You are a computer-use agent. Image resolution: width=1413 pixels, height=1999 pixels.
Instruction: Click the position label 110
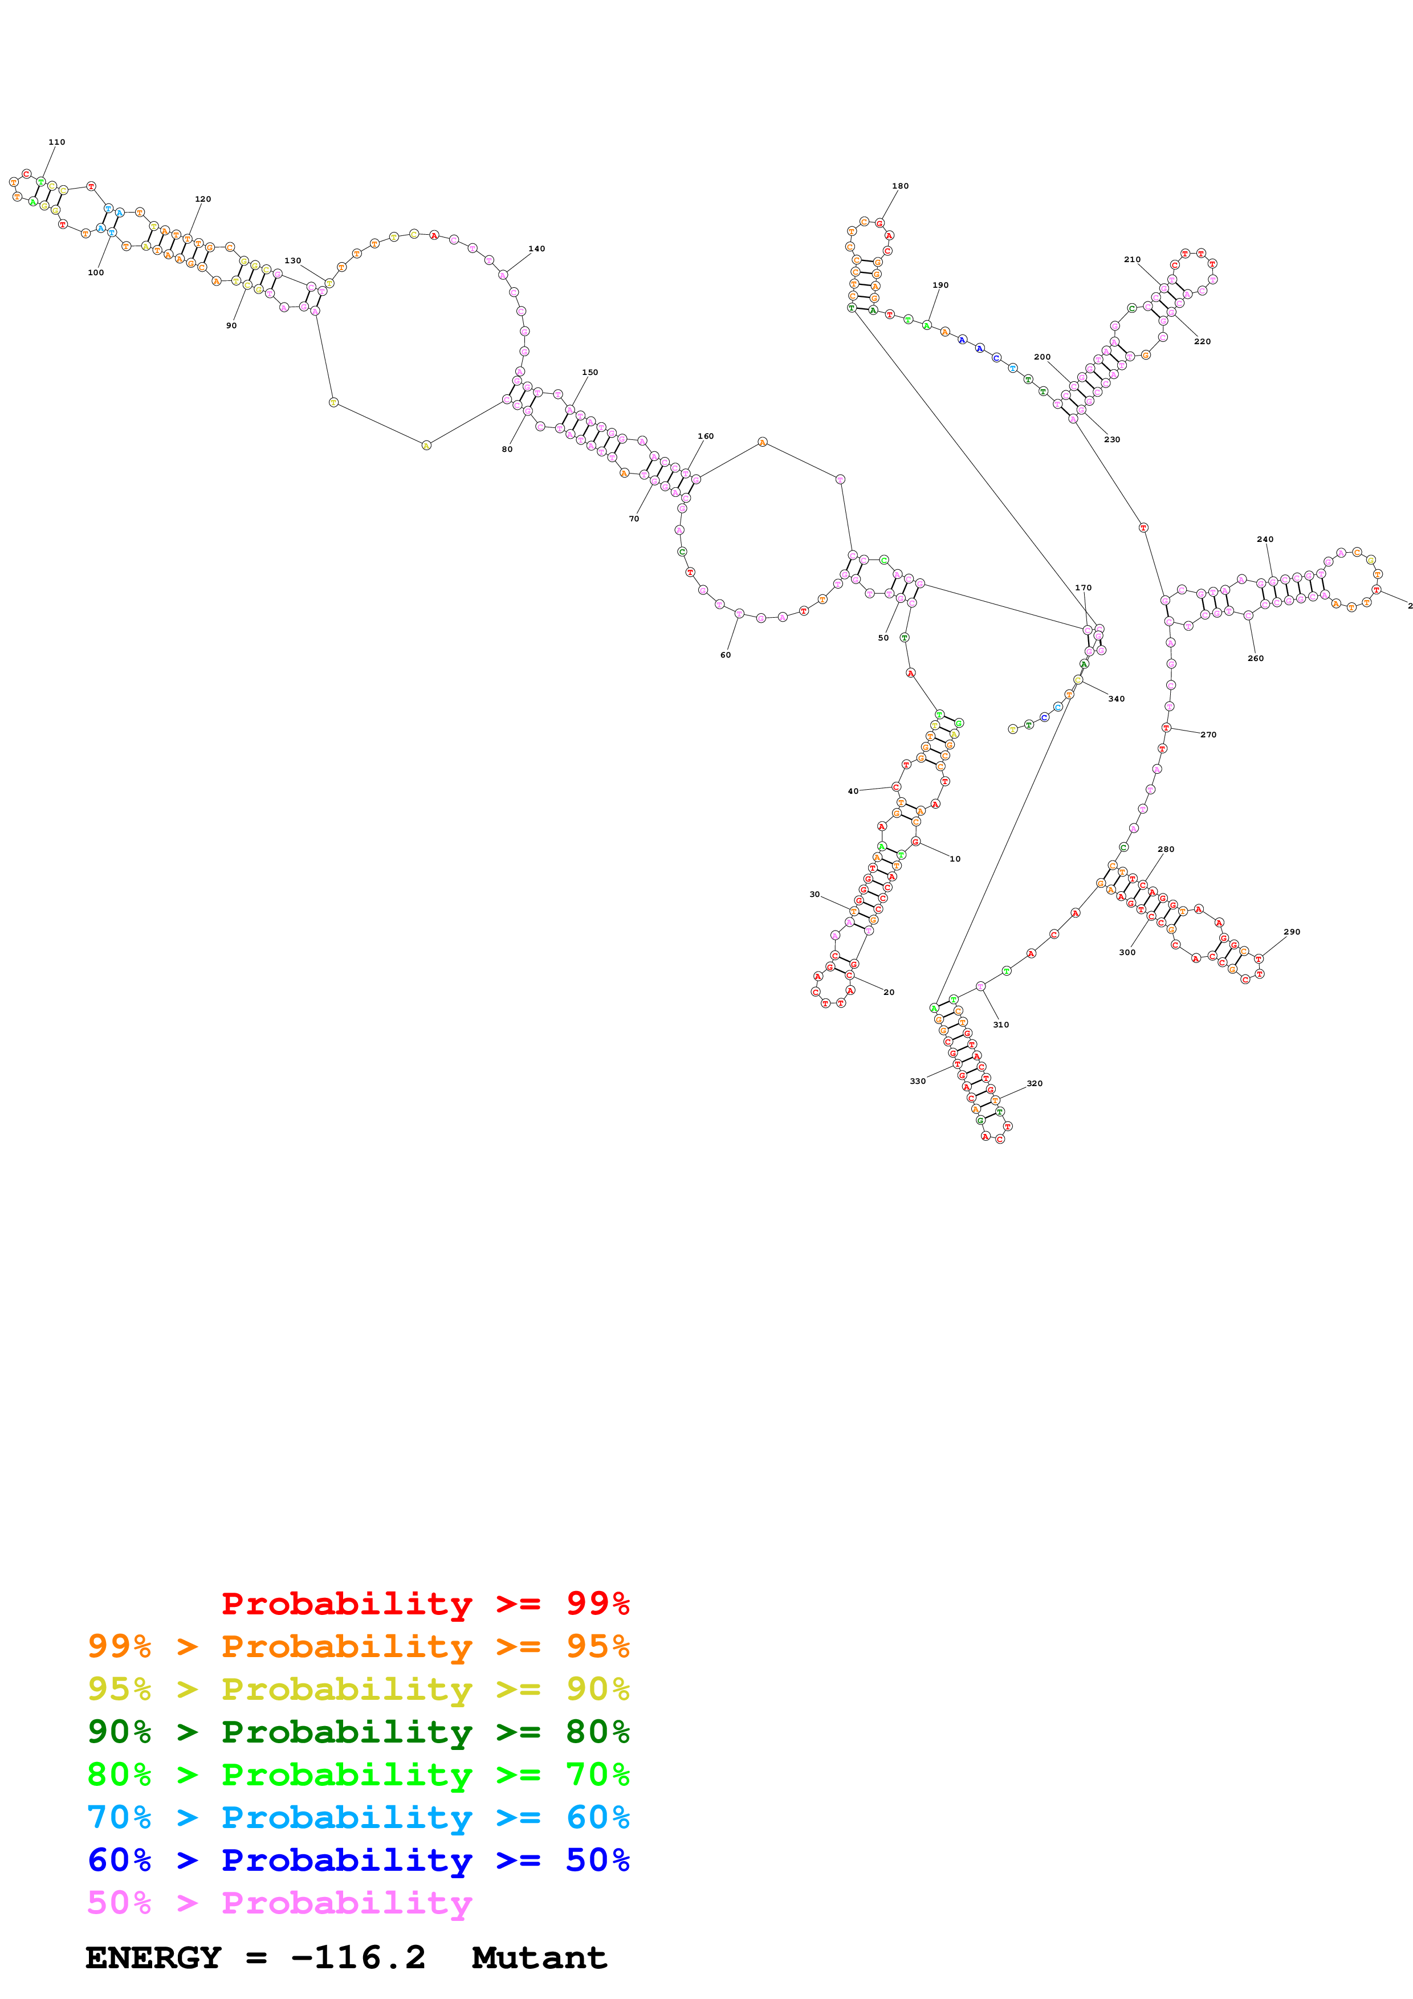click(56, 142)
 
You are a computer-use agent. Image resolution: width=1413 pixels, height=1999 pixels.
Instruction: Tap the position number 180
click(900, 185)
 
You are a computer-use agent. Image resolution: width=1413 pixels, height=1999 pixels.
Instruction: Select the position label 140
click(536, 249)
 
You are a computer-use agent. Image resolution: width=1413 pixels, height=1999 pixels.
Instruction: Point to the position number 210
click(1132, 259)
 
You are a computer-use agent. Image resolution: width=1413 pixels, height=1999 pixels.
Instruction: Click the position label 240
click(1265, 539)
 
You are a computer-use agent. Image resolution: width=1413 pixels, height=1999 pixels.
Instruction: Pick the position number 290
click(1292, 932)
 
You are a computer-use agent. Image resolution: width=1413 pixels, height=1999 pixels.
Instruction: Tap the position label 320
click(1035, 1083)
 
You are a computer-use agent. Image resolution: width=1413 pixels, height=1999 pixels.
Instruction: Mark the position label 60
click(725, 655)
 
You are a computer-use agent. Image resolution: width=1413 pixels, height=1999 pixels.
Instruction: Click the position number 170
click(1083, 588)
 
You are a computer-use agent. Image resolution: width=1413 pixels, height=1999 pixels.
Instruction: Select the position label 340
click(1116, 698)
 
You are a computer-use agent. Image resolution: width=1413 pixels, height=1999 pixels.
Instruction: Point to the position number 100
click(96, 272)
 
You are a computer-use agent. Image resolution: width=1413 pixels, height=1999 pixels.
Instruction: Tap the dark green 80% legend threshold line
click(359, 1732)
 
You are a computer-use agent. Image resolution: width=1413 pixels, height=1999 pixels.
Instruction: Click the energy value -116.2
click(359, 1957)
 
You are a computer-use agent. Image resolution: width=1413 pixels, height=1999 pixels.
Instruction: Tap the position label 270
click(1208, 735)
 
